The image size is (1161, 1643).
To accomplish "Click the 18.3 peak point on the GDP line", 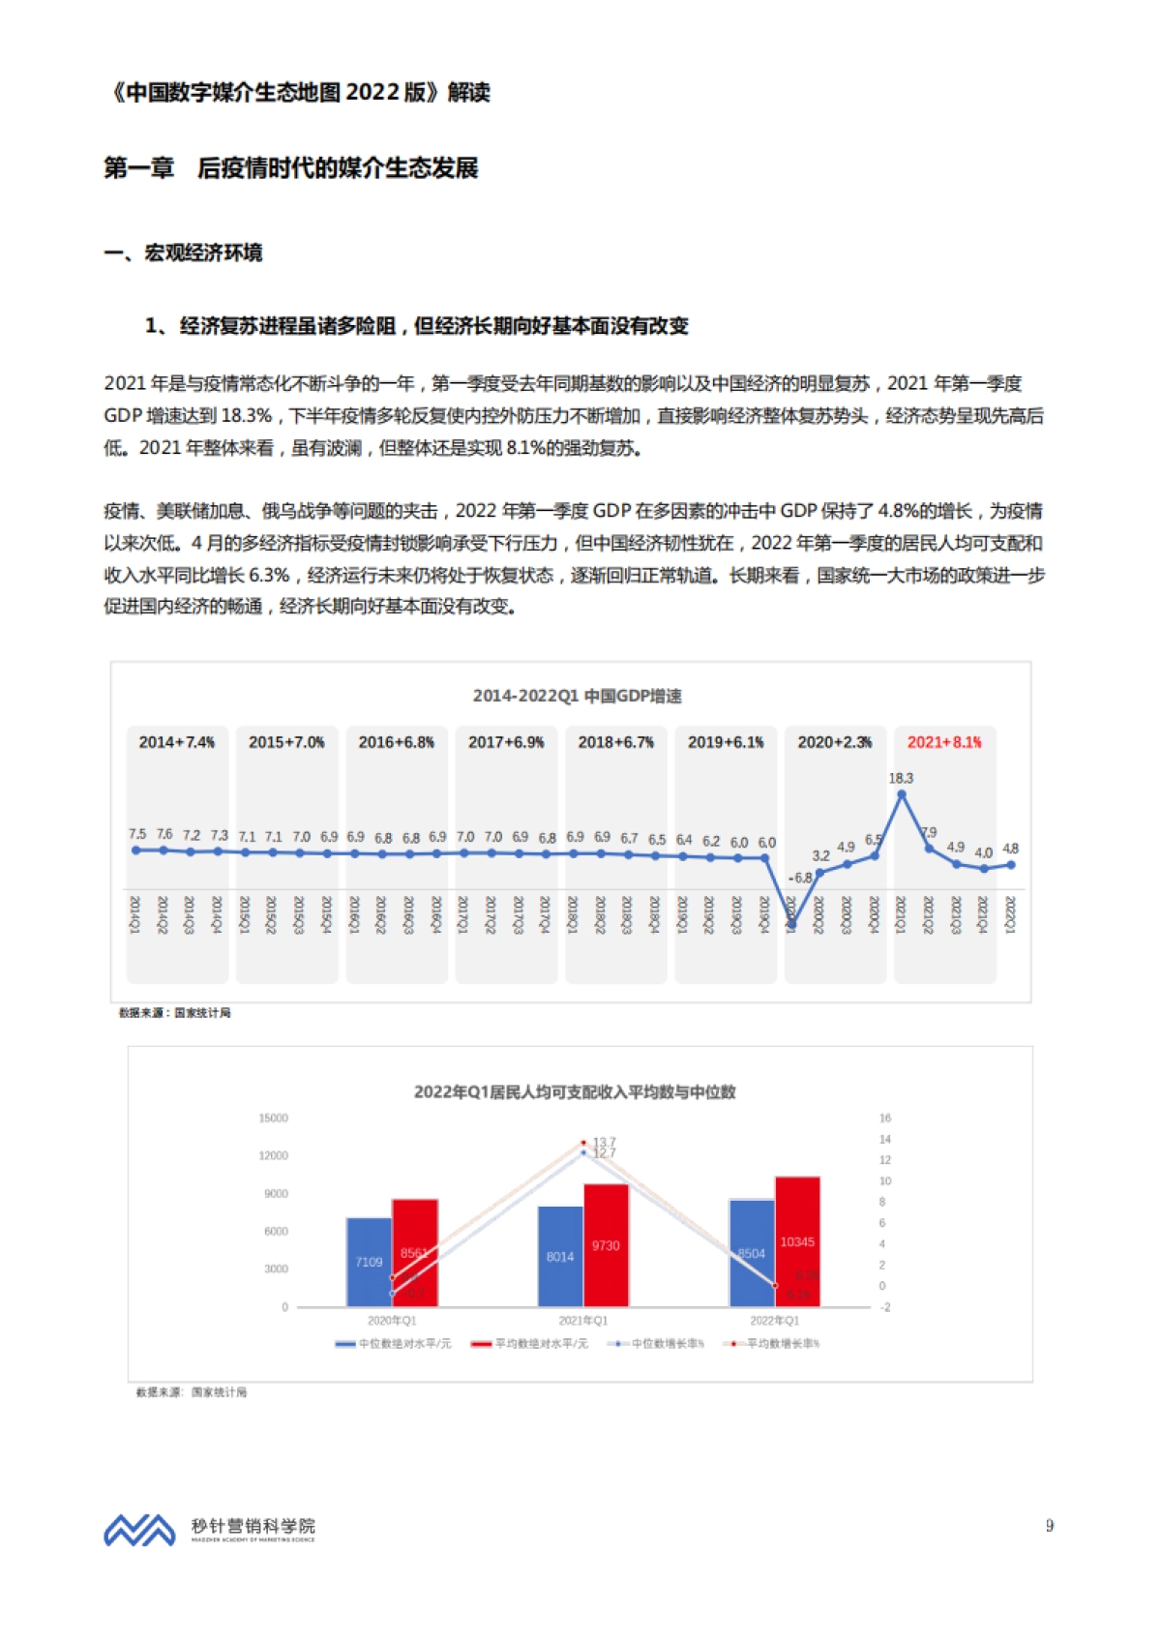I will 902,794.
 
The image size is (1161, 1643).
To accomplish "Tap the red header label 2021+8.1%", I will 944,742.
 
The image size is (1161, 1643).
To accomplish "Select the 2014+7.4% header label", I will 177,742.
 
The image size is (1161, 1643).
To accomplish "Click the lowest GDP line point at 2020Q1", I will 791,925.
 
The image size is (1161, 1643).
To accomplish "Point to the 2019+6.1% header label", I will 726,742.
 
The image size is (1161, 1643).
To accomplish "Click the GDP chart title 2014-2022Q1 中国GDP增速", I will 578,696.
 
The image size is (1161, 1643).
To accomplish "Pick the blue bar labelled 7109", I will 369,1262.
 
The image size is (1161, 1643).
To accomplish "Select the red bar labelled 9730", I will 606,1245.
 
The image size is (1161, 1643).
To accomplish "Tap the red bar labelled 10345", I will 797,1241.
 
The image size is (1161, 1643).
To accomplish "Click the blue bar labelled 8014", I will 560,1256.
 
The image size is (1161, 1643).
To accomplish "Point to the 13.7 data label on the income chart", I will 605,1143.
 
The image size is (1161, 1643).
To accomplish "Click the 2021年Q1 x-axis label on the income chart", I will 582,1321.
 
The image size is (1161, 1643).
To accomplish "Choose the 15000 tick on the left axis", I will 274,1119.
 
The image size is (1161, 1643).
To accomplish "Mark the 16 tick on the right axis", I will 885,1119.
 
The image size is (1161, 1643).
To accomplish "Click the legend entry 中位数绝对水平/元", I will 394,1344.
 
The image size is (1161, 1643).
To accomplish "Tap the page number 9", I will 1050,1526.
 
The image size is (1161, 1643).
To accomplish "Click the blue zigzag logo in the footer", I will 139,1530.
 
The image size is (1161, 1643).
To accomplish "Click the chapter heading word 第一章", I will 139,168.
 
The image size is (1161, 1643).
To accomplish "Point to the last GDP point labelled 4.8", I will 1011,865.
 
